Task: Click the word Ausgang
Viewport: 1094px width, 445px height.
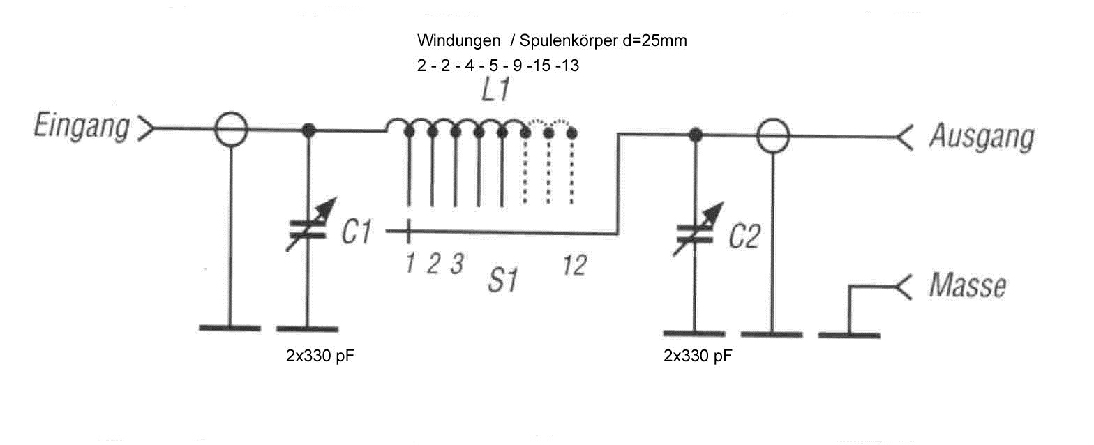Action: coord(980,137)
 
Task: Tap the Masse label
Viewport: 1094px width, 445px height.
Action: coord(968,286)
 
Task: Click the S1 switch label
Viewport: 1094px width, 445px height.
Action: coord(502,281)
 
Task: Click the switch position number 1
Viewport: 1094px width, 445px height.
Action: coord(410,264)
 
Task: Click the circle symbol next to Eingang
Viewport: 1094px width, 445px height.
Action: coord(230,130)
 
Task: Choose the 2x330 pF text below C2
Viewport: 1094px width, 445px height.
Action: coord(698,357)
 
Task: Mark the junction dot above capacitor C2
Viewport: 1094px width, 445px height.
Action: coord(694,135)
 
